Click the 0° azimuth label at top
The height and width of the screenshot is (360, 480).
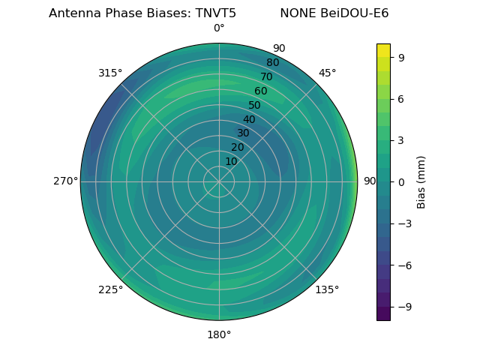pos(219,28)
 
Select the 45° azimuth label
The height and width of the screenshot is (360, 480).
pos(327,73)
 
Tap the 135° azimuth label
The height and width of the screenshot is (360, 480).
pos(327,289)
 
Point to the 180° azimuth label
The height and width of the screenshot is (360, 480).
pos(219,334)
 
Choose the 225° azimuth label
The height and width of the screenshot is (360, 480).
pos(110,289)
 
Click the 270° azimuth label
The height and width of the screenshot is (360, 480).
pos(65,181)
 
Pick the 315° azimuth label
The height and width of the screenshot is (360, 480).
pos(110,73)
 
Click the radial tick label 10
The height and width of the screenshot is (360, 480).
pos(232,161)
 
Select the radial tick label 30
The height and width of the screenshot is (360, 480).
pos(243,133)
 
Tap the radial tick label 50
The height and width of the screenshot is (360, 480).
pos(255,105)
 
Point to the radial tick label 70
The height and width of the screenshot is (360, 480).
pos(266,76)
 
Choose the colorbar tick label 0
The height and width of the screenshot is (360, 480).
pos(401,181)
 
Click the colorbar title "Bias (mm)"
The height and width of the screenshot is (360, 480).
pos(421,181)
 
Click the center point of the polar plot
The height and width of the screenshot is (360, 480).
pos(219,181)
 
